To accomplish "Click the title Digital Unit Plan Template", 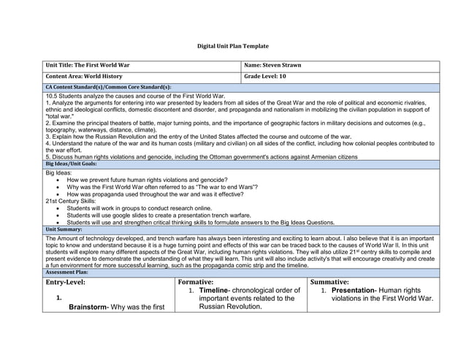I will (x=233, y=46).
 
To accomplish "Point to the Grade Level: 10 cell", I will (x=265, y=77).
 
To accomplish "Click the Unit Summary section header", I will (x=65, y=229).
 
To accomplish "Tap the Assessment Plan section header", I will (x=69, y=272).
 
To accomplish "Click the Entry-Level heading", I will (x=66, y=282).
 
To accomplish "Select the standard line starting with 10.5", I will (x=134, y=96).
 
